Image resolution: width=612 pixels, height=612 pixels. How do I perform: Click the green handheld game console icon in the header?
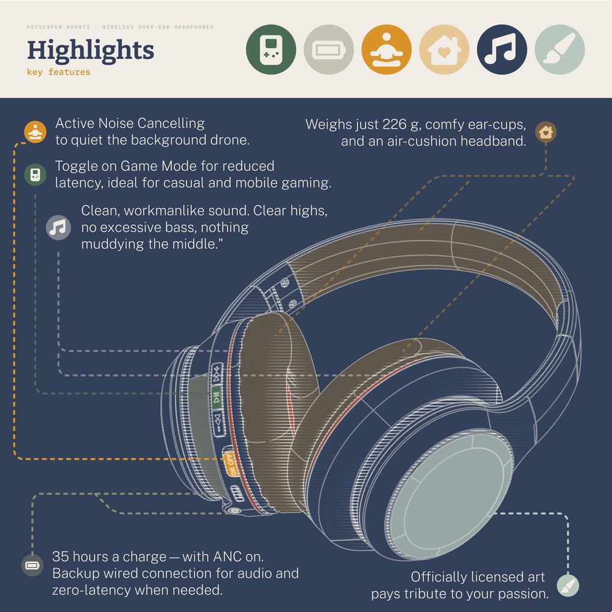(x=271, y=49)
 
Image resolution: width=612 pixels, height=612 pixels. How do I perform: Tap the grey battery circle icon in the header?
(x=329, y=49)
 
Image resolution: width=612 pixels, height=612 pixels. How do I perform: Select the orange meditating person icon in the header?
(x=387, y=49)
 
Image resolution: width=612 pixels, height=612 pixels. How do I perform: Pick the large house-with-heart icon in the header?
(x=444, y=49)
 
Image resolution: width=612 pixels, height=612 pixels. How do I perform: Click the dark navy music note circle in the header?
(x=502, y=49)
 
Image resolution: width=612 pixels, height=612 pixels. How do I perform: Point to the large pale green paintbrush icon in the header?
(x=560, y=49)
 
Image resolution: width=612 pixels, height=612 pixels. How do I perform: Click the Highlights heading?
(x=91, y=50)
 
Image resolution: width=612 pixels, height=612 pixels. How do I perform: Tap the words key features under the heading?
(x=58, y=72)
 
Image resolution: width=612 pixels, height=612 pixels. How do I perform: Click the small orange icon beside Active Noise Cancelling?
(x=35, y=132)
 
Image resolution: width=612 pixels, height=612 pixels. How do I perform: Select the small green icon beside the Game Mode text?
(x=35, y=174)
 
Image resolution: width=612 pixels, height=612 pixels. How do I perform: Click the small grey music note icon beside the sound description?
(x=58, y=228)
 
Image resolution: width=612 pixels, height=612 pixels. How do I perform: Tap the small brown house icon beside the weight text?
(x=546, y=132)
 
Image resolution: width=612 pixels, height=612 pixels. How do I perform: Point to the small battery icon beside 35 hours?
(x=32, y=565)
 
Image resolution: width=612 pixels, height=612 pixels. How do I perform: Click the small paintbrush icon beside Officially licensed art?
(x=568, y=586)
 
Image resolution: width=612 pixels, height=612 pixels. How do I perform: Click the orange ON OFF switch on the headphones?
(x=230, y=464)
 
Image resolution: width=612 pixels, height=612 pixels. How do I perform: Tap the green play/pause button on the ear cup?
(x=216, y=398)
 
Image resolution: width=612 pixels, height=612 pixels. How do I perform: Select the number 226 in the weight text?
(x=394, y=124)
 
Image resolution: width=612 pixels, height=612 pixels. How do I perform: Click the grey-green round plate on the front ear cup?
(x=449, y=497)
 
